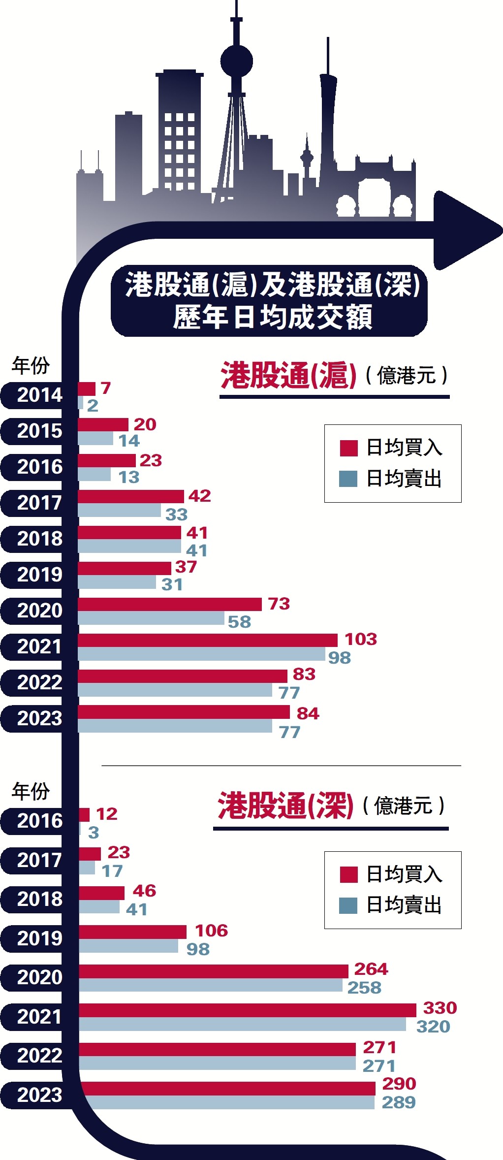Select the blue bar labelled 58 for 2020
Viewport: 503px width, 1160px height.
[x=151, y=618]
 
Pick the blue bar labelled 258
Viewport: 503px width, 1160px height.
[x=211, y=985]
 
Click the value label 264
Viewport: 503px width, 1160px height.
[x=371, y=969]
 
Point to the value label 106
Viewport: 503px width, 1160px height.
[x=211, y=931]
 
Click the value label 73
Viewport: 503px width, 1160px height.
[x=279, y=604]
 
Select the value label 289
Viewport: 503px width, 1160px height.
[x=399, y=1102]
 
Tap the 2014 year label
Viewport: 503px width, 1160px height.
[x=39, y=395]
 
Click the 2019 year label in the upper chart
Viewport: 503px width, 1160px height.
[x=39, y=575]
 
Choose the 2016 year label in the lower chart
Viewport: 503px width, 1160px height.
[x=39, y=821]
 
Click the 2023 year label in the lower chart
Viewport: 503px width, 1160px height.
[x=39, y=1095]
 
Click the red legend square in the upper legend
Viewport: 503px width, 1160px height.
[x=348, y=448]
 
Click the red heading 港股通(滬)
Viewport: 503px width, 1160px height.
[x=288, y=376]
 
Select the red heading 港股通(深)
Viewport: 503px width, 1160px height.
[x=286, y=806]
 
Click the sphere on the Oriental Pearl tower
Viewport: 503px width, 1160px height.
[x=236, y=62]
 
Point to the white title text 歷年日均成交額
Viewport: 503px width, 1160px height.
[x=272, y=317]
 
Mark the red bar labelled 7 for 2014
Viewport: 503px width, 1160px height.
[x=87, y=389]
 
